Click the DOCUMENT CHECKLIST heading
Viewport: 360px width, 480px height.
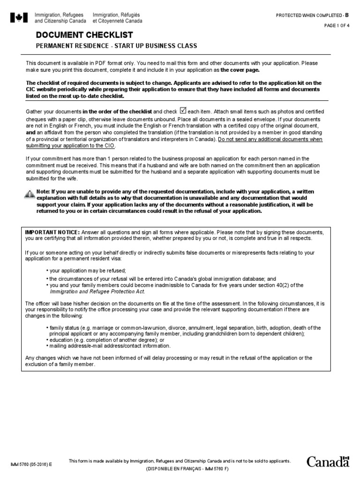[84, 35]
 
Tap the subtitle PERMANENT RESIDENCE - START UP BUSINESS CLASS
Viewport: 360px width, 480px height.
[117, 46]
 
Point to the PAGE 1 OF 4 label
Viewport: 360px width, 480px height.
[337, 25]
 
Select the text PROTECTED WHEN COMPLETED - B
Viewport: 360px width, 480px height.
[313, 15]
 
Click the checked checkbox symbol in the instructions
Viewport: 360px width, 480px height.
[183, 111]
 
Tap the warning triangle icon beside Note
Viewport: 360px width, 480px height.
[29, 194]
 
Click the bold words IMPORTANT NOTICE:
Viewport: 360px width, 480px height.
[52, 232]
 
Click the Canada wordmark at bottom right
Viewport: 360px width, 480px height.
[328, 462]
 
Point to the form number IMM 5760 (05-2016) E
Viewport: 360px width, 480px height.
[31, 464]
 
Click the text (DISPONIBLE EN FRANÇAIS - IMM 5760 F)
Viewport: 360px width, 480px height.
[180, 469]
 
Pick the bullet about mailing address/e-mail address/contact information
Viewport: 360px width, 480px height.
[108, 346]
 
